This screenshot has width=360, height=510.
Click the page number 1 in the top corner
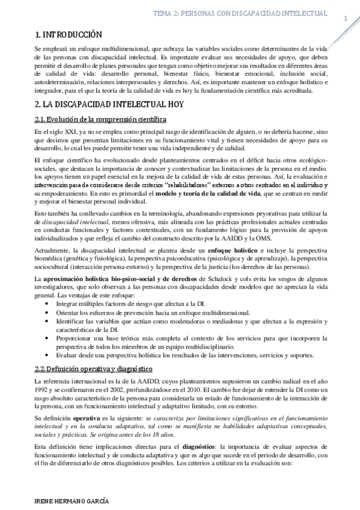[x=346, y=19]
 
